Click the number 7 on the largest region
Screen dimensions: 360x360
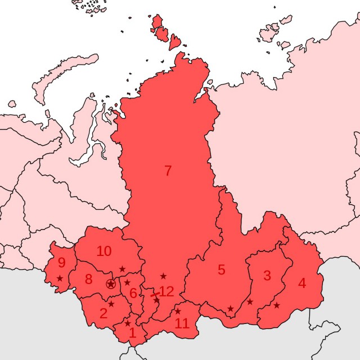pos(168,171)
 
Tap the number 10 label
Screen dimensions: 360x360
pos(104,251)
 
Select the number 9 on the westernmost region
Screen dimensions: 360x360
pos(61,262)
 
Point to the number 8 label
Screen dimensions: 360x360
pos(88,279)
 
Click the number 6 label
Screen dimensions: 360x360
pos(133,292)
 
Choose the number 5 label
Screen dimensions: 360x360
pos(222,269)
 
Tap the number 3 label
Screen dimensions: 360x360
pos(267,276)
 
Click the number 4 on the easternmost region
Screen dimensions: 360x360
pos(302,283)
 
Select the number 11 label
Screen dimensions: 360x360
pos(182,323)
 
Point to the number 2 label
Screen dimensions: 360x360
pos(103,313)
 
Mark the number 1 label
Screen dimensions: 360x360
pos(133,332)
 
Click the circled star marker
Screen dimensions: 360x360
pos(111,284)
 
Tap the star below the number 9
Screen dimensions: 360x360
pos(60,278)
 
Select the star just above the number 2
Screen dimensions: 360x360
pos(111,304)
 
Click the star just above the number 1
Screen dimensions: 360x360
pos(128,323)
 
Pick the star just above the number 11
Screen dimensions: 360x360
pos(178,311)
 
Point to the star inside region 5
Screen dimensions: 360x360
pos(230,309)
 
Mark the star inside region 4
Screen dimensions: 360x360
pos(277,305)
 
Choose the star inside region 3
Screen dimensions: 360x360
pos(250,302)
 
